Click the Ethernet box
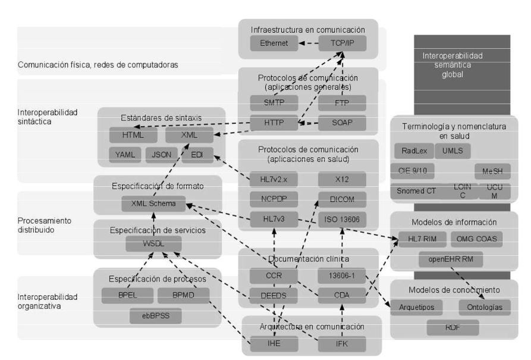pos(274,43)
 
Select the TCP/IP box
pos(342,43)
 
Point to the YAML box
pos(124,155)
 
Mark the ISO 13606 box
pos(342,220)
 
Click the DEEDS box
pos(274,295)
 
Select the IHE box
pos(274,343)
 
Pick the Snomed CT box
pos(416,191)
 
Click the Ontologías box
pos(484,308)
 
